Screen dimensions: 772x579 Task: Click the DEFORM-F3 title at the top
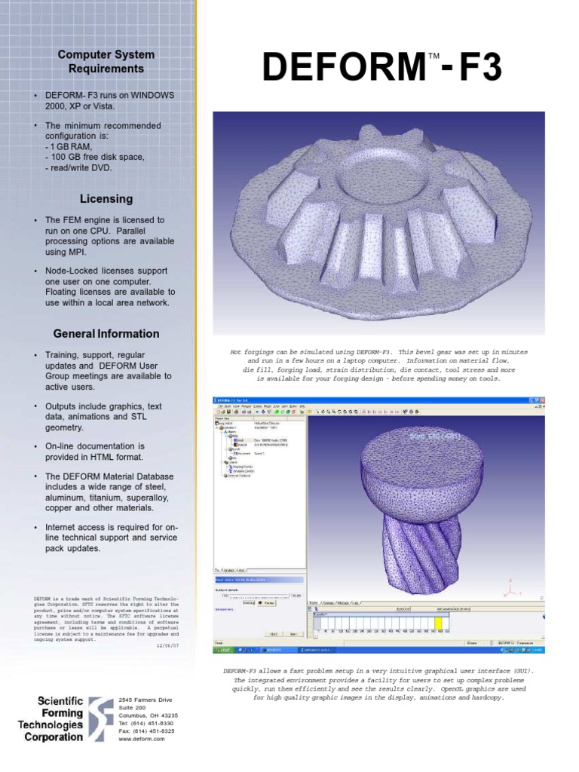[x=381, y=69]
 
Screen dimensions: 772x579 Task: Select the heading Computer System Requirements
[x=106, y=61]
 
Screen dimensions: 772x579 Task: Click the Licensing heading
[x=106, y=199]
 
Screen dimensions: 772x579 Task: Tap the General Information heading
[x=106, y=334]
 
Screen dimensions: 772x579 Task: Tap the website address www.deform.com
[x=141, y=740]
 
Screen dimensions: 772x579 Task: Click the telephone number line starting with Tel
[x=146, y=723]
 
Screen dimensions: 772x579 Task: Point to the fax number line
[x=146, y=731]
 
